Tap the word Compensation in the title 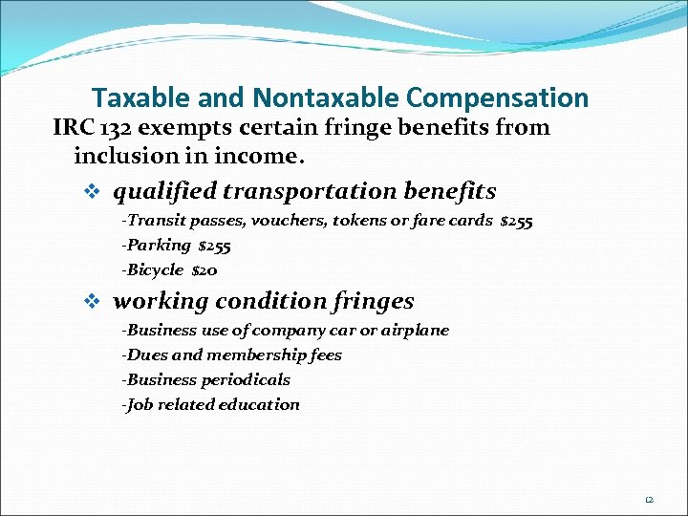tap(497, 97)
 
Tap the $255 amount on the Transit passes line tap(517, 221)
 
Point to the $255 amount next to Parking tap(214, 246)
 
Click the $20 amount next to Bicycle tap(204, 270)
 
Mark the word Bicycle tap(156, 270)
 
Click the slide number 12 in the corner tap(648, 499)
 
